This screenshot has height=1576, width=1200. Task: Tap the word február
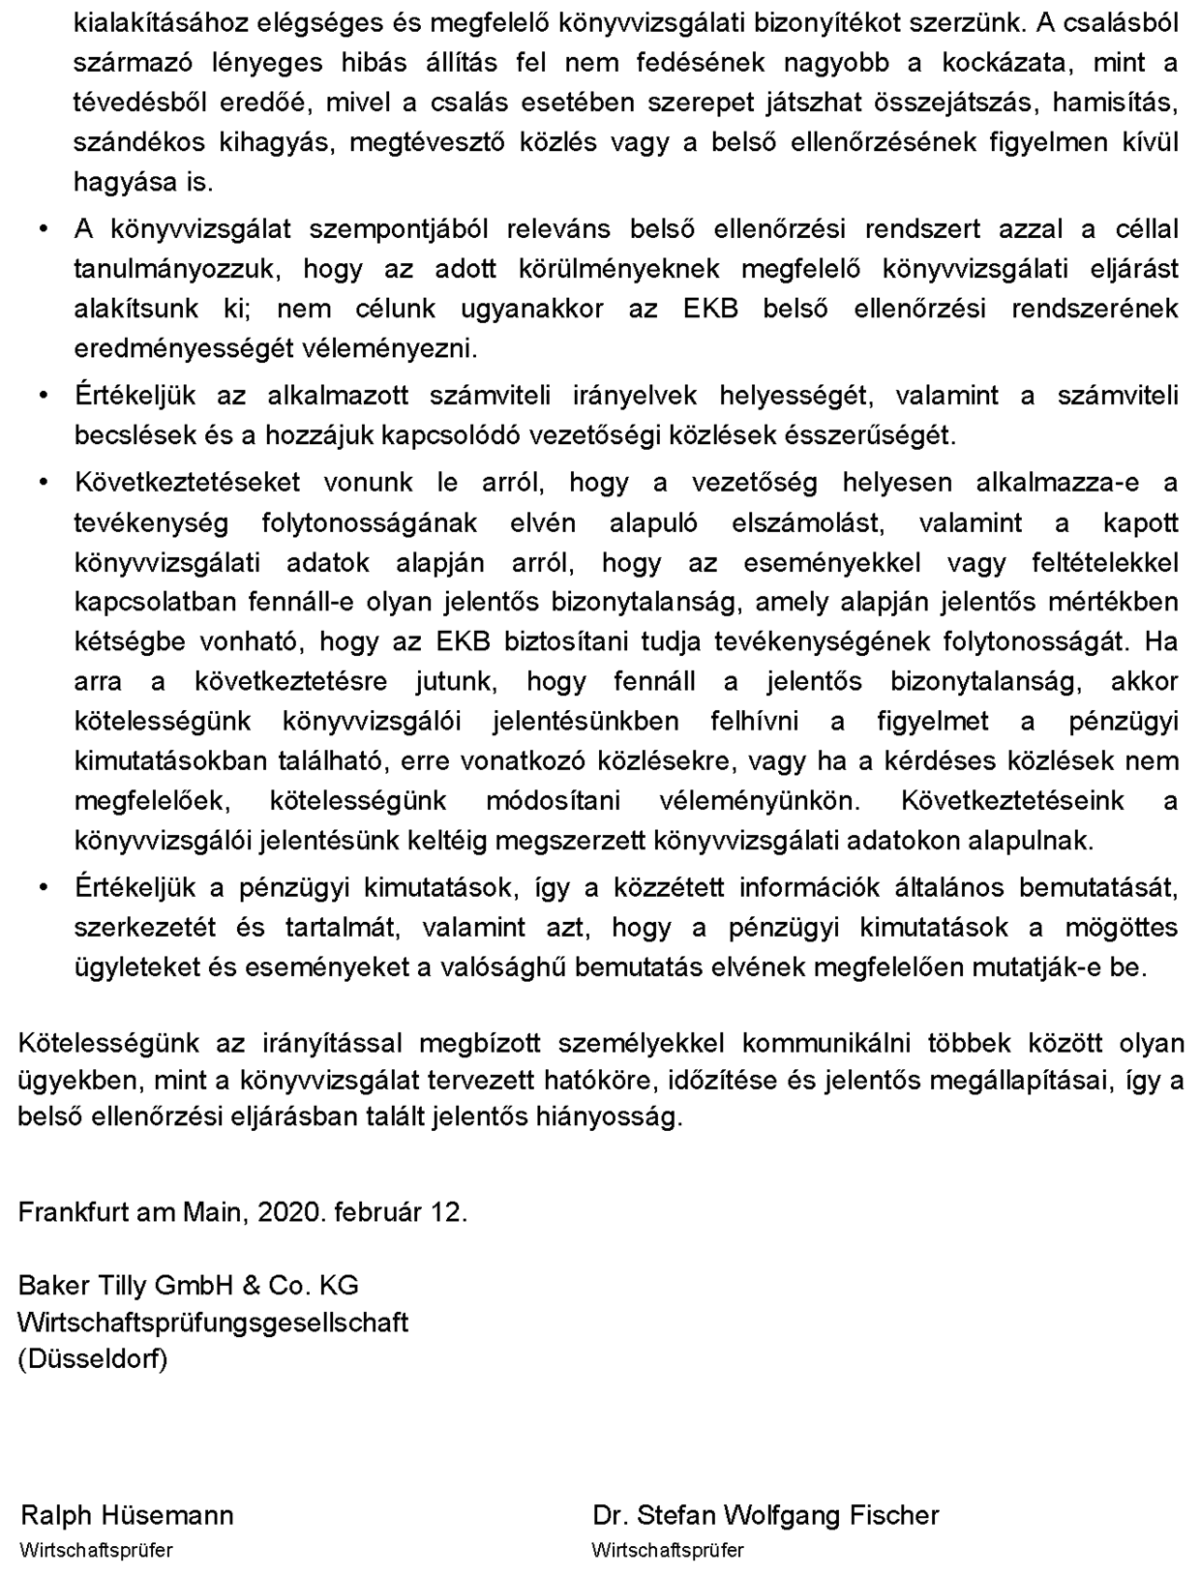377,1212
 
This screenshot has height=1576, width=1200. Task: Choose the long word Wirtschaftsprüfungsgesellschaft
213,1322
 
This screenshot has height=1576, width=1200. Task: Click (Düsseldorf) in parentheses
93,1358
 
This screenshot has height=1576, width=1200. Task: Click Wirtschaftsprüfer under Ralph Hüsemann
96,1550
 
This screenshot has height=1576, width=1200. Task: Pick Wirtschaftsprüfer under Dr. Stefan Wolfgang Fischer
668,1550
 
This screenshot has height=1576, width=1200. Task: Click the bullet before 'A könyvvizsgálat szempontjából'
43,229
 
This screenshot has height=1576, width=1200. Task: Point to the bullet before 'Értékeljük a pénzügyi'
43,887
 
